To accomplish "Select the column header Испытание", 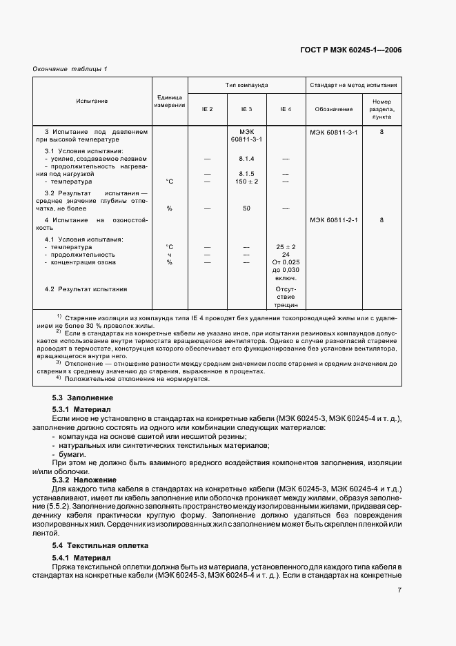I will point(92,101).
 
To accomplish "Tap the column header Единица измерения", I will point(169,101).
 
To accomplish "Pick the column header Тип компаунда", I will point(246,85).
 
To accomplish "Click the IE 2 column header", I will point(207,109).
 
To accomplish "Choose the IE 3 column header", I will point(246,109).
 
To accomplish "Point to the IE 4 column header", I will point(286,109).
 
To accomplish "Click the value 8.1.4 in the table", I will point(246,159).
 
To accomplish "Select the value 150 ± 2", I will point(246,182).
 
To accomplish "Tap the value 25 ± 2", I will point(286,246).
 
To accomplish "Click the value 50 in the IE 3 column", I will point(246,208).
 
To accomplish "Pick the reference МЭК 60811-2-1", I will point(334,220).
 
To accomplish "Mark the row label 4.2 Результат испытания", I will point(86,289).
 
